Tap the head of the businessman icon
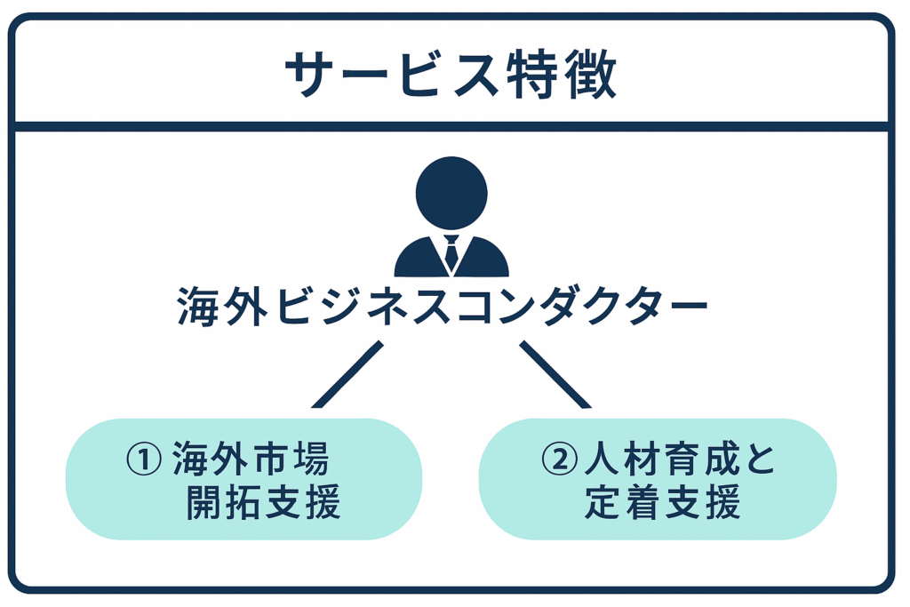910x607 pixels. pos(451,192)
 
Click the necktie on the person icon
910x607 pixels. pos(451,253)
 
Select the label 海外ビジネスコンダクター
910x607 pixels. pos(442,307)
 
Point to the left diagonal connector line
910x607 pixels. pos(347,374)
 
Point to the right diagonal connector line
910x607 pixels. pos(555,374)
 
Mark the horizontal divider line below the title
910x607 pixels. pos(451,126)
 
